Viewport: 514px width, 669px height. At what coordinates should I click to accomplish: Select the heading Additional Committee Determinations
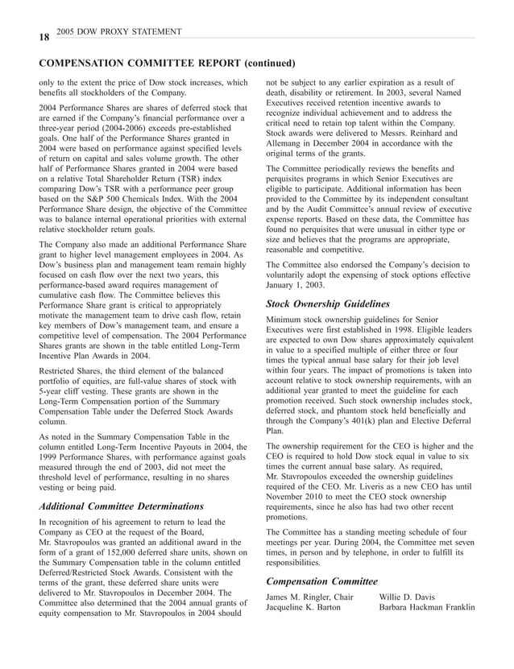pos(121,506)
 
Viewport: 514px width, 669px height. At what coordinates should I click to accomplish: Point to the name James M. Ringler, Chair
pos(310,597)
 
